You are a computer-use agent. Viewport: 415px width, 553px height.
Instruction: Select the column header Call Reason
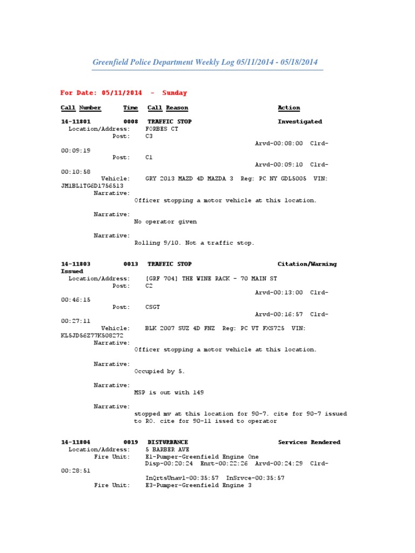(x=168, y=108)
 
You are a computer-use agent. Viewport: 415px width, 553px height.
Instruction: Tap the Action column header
(x=289, y=108)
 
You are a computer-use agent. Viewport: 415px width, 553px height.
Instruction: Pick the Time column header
(x=130, y=108)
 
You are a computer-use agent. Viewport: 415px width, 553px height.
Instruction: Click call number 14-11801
(x=76, y=122)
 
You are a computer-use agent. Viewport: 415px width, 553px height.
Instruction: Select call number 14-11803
(x=76, y=265)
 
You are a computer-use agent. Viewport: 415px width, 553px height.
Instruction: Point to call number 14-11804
(x=76, y=443)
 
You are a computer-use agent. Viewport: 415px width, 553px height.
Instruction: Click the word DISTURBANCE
(x=168, y=443)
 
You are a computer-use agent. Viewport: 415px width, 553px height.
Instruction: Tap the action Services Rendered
(x=309, y=443)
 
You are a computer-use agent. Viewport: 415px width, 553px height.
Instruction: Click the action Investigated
(x=300, y=122)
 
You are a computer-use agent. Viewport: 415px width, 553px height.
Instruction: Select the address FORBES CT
(x=162, y=130)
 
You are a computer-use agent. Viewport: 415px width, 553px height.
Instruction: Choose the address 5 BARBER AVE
(x=168, y=450)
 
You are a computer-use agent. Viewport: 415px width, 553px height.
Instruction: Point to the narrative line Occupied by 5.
(x=159, y=372)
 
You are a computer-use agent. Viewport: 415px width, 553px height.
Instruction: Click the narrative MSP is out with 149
(x=169, y=393)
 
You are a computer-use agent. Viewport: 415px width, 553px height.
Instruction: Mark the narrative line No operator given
(x=165, y=222)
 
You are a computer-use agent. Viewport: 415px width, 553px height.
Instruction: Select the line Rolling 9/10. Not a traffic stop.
(x=194, y=244)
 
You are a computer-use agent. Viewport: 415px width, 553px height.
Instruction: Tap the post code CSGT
(x=153, y=307)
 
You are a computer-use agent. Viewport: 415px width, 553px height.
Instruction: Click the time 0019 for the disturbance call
(x=131, y=443)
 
